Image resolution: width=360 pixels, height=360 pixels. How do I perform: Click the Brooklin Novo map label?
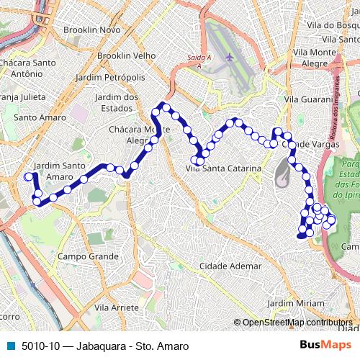point(91,30)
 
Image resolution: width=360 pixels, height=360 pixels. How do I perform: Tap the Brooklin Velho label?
point(127,55)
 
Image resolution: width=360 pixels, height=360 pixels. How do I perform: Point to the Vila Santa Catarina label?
point(218,168)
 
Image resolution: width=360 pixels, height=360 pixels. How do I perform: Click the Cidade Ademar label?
point(230,266)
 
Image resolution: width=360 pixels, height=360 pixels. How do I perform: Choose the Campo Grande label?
point(88,256)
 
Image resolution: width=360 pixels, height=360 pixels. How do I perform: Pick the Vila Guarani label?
point(306,99)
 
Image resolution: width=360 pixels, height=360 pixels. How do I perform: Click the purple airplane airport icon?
point(230,56)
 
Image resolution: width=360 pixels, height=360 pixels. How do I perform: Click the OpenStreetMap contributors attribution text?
point(297,323)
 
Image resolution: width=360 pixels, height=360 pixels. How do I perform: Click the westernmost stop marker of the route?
point(29,176)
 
